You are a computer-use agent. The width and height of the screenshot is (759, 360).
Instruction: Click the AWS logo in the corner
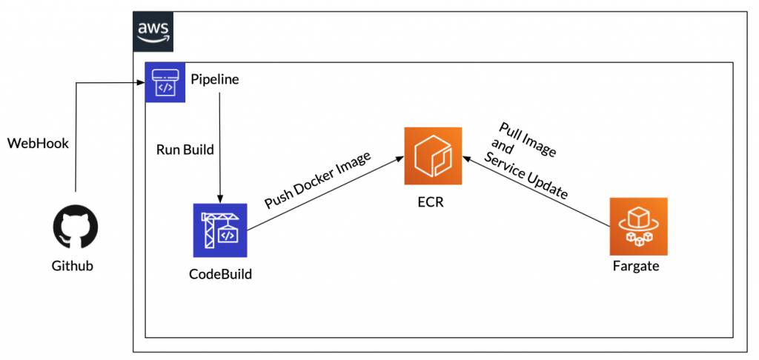(x=153, y=31)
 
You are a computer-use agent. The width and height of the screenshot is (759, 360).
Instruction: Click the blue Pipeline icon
(x=165, y=82)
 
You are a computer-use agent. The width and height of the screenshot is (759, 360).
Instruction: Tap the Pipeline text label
(x=215, y=79)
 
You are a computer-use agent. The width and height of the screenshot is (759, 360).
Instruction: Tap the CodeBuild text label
(x=220, y=274)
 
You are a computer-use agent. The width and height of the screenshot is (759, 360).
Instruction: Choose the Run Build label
(x=185, y=150)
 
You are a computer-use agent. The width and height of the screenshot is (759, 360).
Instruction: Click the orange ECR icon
(x=432, y=156)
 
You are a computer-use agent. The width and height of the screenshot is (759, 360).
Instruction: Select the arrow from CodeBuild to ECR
(x=326, y=193)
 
